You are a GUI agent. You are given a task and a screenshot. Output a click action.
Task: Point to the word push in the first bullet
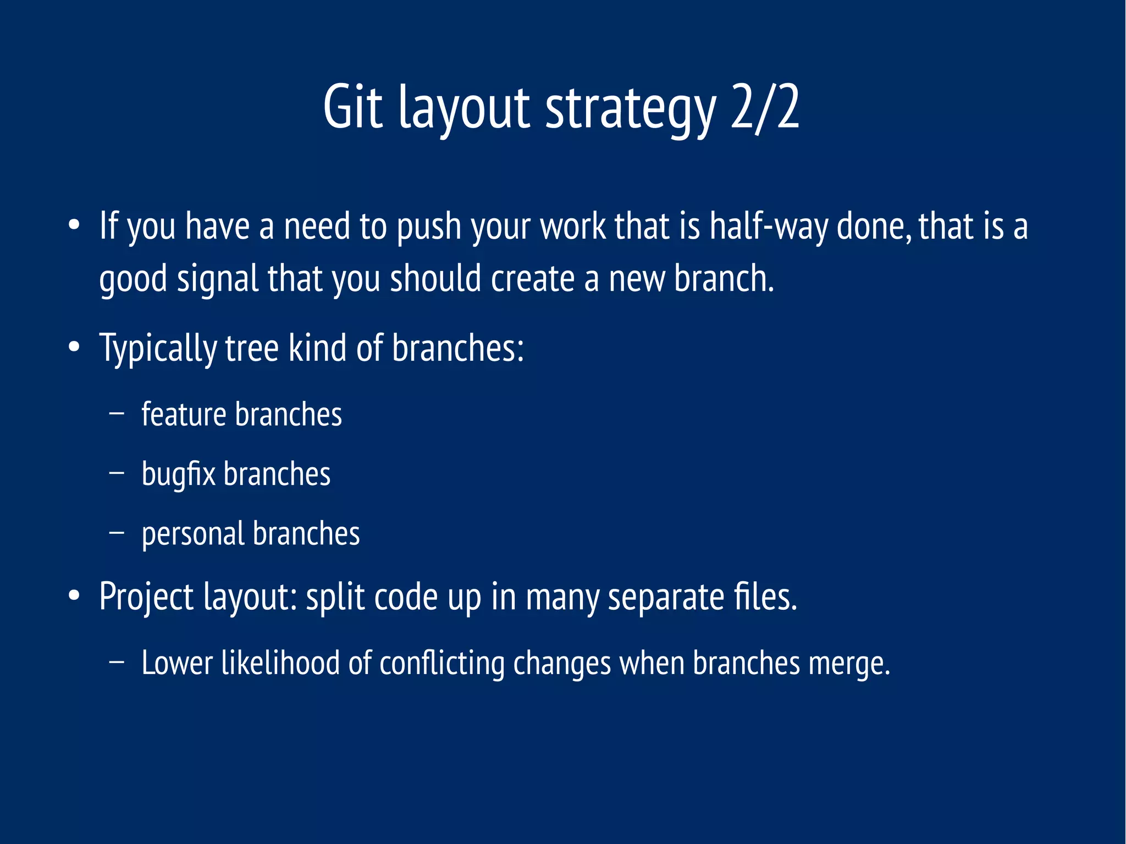[429, 228]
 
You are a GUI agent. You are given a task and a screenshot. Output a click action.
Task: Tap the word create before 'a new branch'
[532, 279]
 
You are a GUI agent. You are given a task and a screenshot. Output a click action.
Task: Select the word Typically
[158, 350]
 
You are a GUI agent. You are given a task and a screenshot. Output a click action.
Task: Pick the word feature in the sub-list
[184, 415]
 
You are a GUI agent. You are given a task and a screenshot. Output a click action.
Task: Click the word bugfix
[178, 475]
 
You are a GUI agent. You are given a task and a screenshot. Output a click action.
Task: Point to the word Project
[146, 598]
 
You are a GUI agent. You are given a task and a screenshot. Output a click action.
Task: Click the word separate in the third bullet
[666, 598]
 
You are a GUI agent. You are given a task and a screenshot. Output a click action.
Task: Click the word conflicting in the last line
[441, 664]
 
